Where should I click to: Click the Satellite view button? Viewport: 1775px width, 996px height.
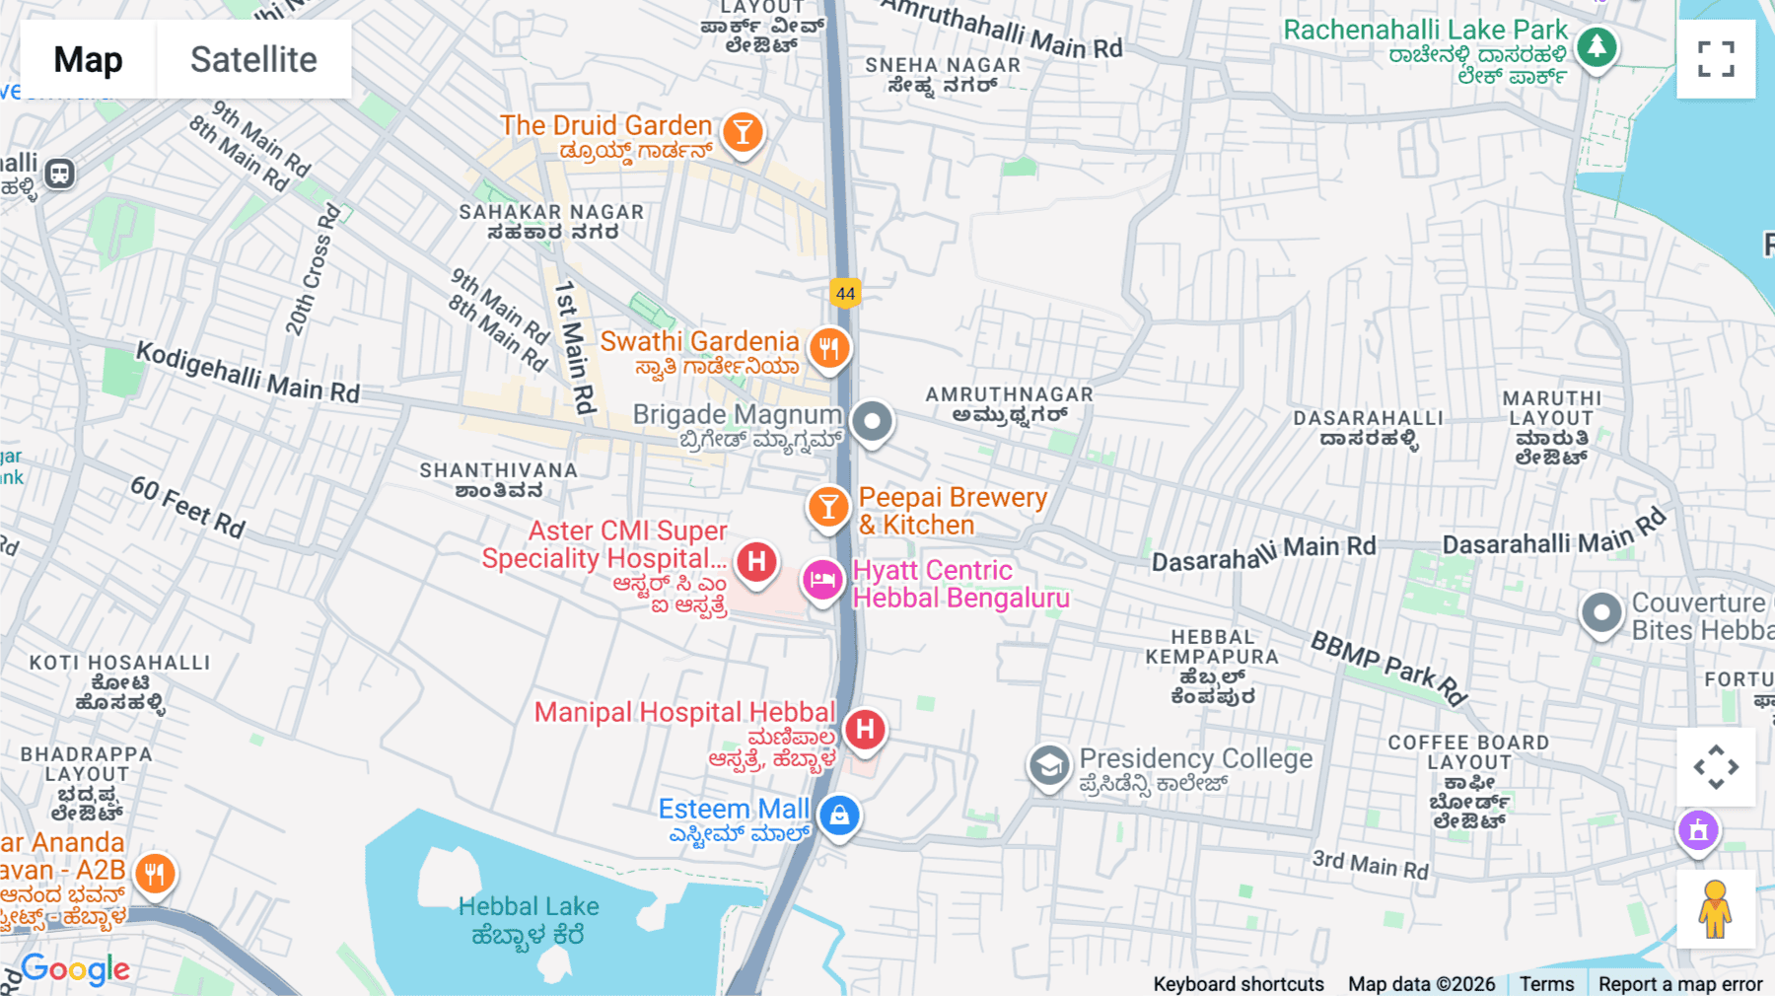point(253,59)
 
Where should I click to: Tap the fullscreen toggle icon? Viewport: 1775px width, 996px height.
point(1716,59)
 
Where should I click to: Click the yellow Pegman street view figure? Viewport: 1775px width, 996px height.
point(1716,909)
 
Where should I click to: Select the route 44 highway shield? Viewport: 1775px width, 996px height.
point(845,293)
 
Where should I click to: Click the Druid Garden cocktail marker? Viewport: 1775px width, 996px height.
point(743,131)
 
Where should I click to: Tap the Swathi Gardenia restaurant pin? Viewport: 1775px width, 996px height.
point(829,348)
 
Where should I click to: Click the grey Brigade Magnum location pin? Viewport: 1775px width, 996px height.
point(872,422)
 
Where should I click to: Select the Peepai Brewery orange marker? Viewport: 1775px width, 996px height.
point(828,507)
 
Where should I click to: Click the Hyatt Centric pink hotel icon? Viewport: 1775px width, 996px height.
point(822,580)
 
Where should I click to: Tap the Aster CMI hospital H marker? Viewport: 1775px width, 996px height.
point(756,562)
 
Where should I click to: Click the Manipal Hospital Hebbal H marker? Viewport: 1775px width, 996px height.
point(865,730)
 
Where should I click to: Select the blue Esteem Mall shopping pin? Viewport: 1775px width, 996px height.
point(839,816)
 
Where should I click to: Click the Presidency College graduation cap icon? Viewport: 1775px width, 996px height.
point(1049,765)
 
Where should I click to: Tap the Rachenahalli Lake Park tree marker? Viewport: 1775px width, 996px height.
point(1597,46)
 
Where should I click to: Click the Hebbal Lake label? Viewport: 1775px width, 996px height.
point(529,906)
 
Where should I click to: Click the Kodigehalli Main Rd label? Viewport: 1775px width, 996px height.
point(248,373)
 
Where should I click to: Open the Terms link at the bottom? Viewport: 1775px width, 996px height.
point(1546,983)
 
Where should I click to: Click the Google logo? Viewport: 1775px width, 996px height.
point(75,969)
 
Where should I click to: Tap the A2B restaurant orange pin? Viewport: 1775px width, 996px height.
point(154,873)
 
